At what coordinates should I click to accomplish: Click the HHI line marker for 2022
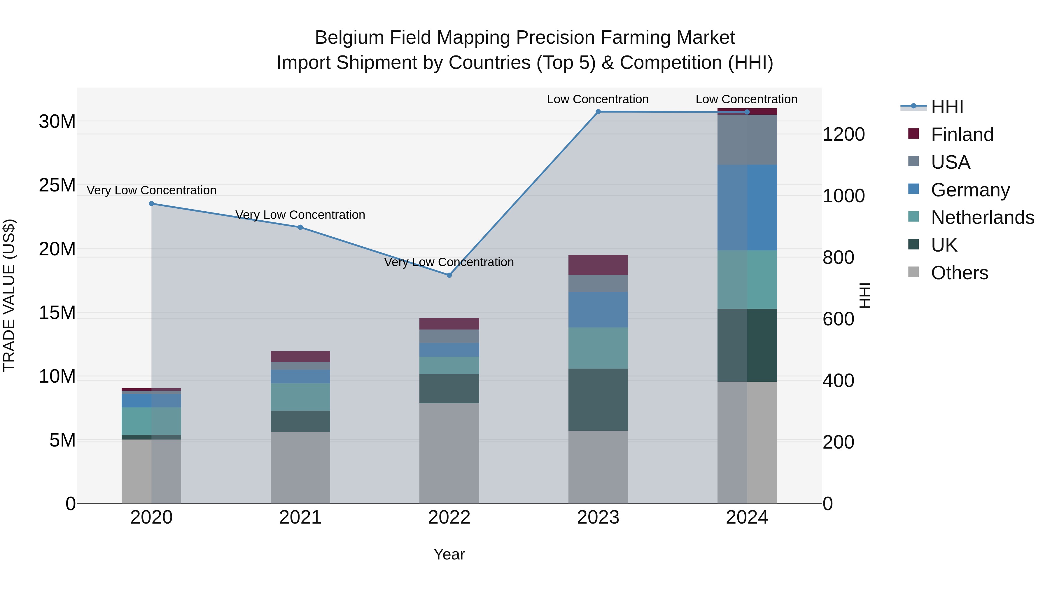449,275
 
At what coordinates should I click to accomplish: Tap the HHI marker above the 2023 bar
598,112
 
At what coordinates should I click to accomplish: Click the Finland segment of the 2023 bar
598,265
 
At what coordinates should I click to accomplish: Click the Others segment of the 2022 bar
449,453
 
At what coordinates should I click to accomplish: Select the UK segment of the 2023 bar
598,400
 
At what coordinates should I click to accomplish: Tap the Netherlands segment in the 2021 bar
300,397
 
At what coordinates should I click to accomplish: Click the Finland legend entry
962,135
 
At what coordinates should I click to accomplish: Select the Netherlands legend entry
982,217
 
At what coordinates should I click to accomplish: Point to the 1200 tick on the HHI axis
843,135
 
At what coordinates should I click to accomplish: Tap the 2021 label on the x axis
300,517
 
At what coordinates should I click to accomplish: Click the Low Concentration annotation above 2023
598,99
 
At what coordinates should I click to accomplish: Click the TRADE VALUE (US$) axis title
9,295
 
